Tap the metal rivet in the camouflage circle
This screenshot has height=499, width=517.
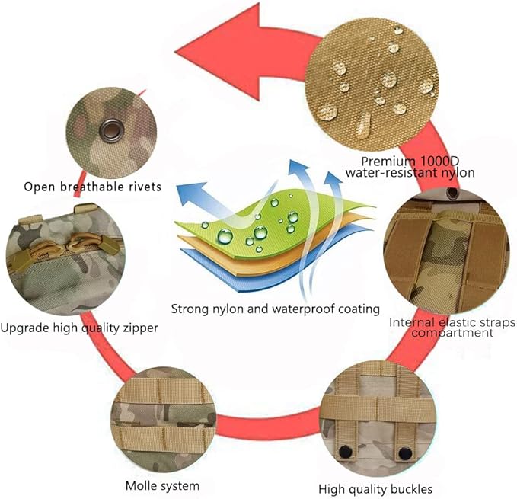[112, 130]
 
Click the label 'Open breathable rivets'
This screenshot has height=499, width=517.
[92, 186]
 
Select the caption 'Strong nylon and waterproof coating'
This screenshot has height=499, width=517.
[275, 309]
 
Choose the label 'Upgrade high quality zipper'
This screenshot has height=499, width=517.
[79, 328]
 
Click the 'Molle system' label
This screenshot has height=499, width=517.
[162, 485]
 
